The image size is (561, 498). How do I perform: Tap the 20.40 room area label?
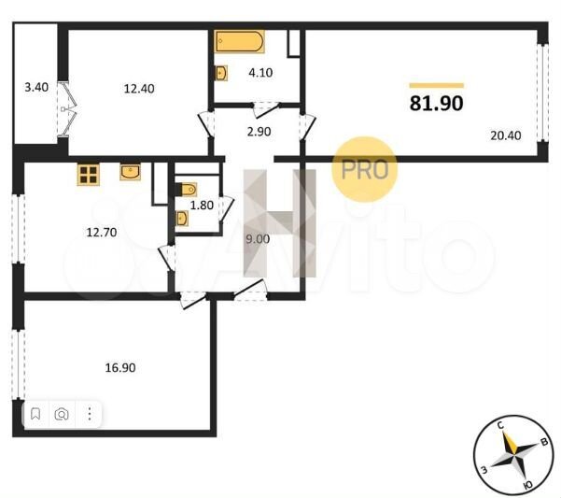pyautogui.click(x=505, y=135)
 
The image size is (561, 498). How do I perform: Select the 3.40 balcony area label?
pyautogui.click(x=36, y=89)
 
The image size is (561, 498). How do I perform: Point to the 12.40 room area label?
pyautogui.click(x=138, y=89)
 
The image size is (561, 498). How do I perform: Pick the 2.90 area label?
pyautogui.click(x=258, y=132)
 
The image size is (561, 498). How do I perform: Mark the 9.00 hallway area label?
pyautogui.click(x=257, y=238)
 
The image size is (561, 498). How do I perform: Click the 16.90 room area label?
pyautogui.click(x=120, y=367)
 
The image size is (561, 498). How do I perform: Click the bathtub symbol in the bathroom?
pyautogui.click(x=239, y=43)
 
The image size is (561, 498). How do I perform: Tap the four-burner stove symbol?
pyautogui.click(x=89, y=173)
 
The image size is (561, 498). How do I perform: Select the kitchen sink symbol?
pyautogui.click(x=131, y=171)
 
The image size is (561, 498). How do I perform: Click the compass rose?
pyautogui.click(x=512, y=454)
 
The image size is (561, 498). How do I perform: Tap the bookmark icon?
pyautogui.click(x=35, y=413)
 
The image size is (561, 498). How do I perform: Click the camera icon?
pyautogui.click(x=62, y=413)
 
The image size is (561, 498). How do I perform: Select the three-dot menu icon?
pyautogui.click(x=89, y=413)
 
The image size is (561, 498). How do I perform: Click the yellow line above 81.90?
pyautogui.click(x=436, y=85)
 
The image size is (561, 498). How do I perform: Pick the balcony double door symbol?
pyautogui.click(x=64, y=110)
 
